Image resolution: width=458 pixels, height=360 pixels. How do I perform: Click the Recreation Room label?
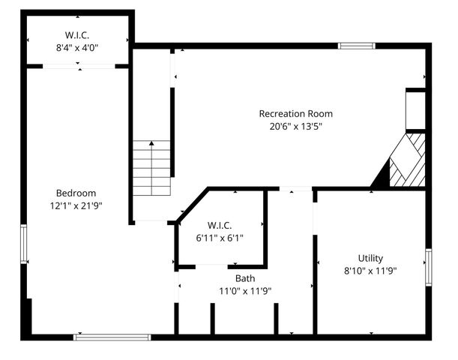pyautogui.click(x=295, y=114)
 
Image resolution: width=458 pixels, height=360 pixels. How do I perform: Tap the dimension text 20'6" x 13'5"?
pyautogui.click(x=295, y=127)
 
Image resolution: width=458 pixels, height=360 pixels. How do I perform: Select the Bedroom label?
pyautogui.click(x=76, y=193)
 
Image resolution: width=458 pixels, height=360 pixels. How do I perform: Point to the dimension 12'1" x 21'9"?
pyautogui.click(x=76, y=205)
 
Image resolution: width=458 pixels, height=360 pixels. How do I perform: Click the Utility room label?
pyautogui.click(x=370, y=258)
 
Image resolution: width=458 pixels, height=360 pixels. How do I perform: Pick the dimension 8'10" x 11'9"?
pyautogui.click(x=370, y=271)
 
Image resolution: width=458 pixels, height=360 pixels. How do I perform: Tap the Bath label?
pyautogui.click(x=244, y=278)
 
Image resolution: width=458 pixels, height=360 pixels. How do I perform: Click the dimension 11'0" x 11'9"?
pyautogui.click(x=244, y=291)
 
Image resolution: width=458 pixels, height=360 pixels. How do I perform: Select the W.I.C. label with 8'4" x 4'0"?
pyautogui.click(x=78, y=34)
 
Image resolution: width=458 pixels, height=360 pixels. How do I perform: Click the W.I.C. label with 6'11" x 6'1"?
pyautogui.click(x=220, y=225)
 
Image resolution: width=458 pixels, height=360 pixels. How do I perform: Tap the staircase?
pyautogui.click(x=151, y=169)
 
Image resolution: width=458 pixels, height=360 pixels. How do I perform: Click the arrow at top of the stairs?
pyautogui.click(x=151, y=142)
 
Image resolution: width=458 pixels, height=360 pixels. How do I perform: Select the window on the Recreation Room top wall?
pyautogui.click(x=356, y=46)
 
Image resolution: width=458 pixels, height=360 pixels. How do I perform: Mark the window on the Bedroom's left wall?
pyautogui.click(x=24, y=244)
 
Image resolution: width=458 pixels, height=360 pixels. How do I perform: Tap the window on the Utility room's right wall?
pyautogui.click(x=428, y=268)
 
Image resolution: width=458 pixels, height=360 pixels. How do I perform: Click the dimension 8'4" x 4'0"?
pyautogui.click(x=78, y=47)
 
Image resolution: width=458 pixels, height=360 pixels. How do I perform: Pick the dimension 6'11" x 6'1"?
pyautogui.click(x=220, y=238)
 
